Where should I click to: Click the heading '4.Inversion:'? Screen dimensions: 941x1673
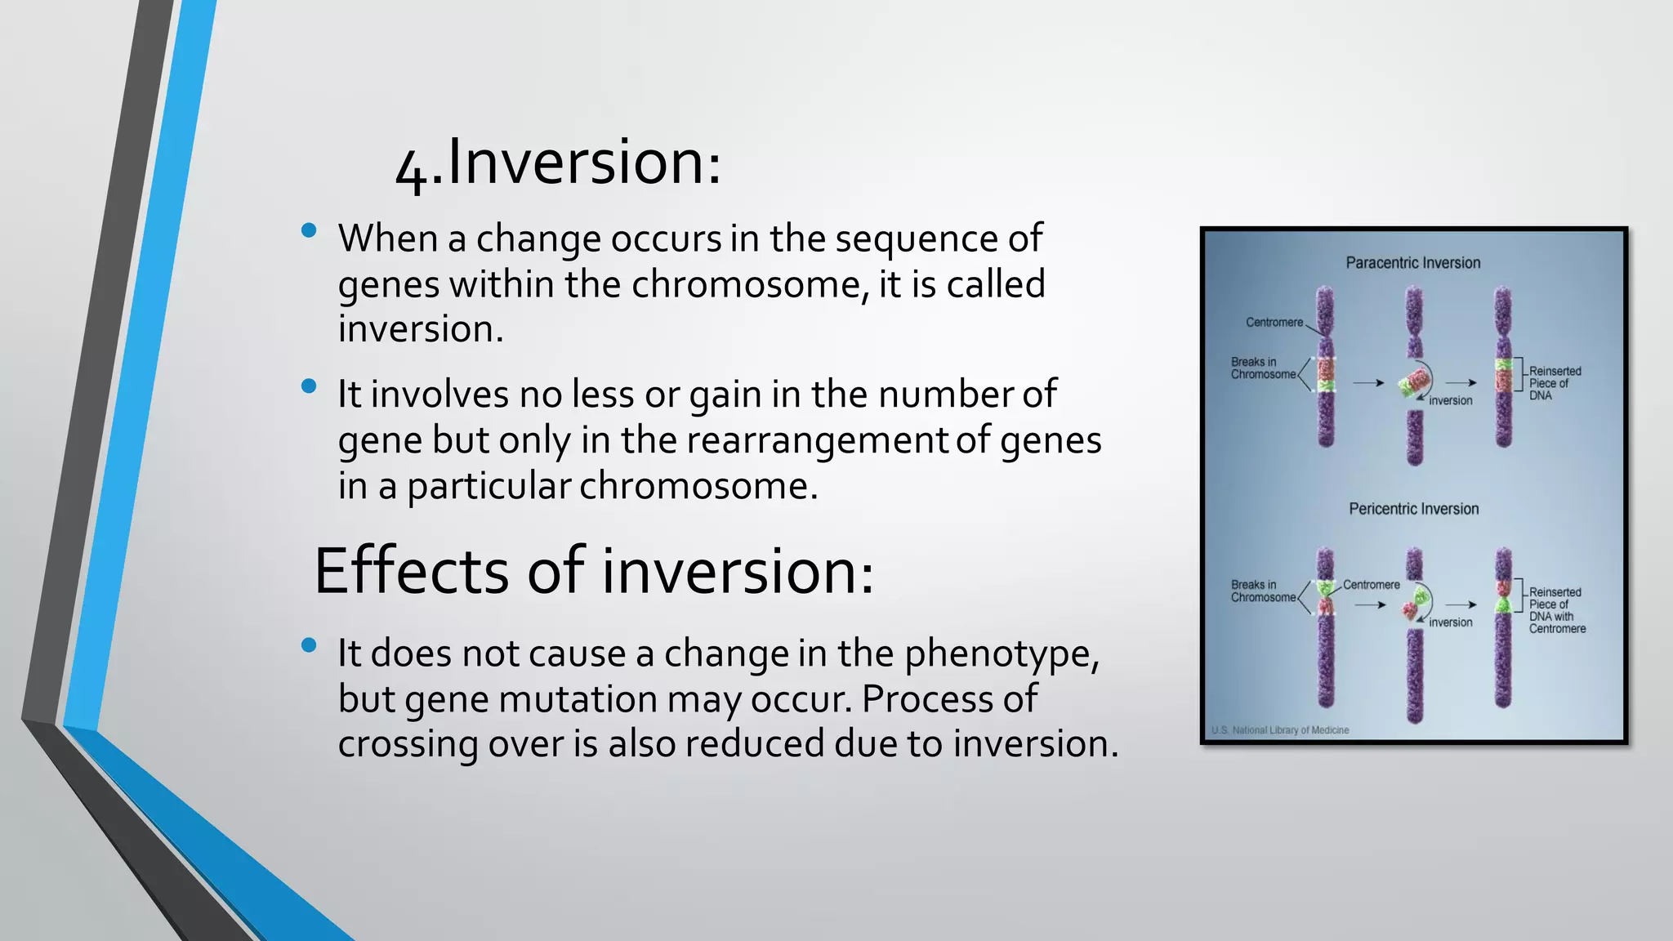point(558,163)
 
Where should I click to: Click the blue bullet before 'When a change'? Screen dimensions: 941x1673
point(309,231)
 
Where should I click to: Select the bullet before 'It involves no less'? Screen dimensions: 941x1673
point(309,386)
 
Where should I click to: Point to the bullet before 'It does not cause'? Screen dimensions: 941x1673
point(309,645)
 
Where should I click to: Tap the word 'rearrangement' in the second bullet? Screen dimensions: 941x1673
point(816,440)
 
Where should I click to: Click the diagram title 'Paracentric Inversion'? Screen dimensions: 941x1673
point(1412,263)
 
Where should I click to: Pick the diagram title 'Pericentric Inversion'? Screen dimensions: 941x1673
point(1413,509)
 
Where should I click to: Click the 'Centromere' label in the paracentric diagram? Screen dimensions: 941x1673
point(1274,323)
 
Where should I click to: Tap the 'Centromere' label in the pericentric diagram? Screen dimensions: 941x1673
point(1371,585)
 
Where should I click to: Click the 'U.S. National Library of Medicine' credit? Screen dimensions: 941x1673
point(1279,730)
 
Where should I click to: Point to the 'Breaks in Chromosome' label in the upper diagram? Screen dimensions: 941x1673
point(1262,368)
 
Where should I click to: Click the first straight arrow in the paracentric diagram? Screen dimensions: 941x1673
point(1368,382)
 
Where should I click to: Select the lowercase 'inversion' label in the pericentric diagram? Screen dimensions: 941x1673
point(1450,622)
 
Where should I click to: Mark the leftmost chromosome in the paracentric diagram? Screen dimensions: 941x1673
point(1325,368)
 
